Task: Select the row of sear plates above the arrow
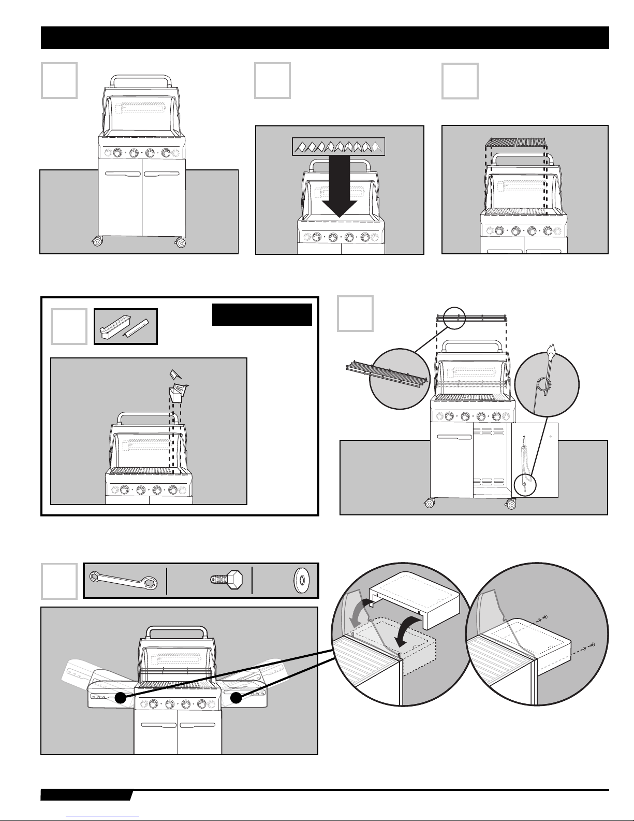339,147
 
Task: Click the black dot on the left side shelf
121,698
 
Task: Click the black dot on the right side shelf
237,698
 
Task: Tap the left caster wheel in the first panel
97,241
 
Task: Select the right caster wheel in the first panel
181,242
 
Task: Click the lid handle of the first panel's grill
142,80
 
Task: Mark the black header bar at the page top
325,38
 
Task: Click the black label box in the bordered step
262,315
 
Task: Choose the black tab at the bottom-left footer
85,796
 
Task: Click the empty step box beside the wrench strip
59,581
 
